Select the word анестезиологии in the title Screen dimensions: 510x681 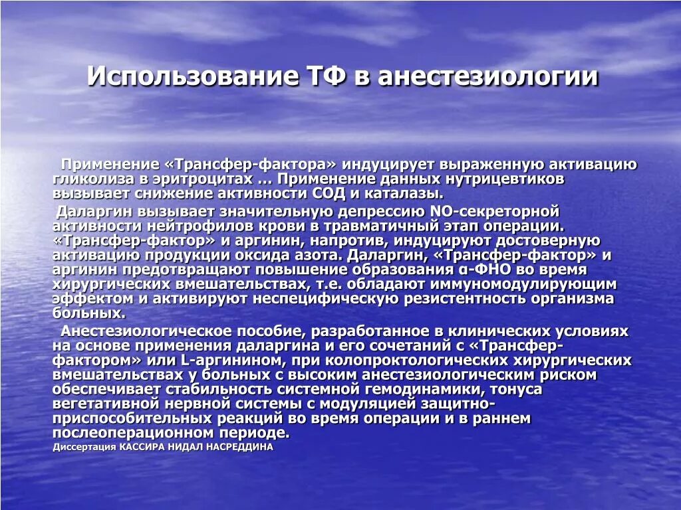489,76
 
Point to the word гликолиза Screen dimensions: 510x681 86,179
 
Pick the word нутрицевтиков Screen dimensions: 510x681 503,179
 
